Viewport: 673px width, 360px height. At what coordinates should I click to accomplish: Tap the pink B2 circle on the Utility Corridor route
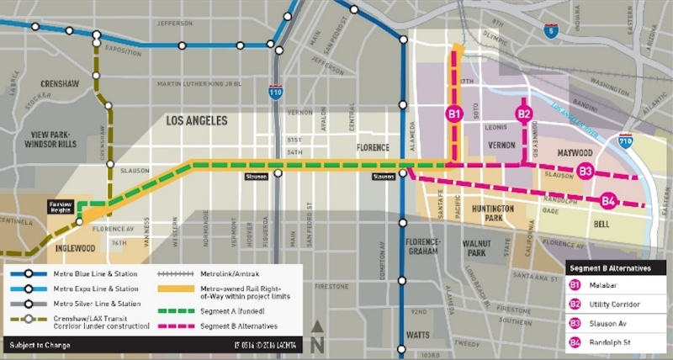524,114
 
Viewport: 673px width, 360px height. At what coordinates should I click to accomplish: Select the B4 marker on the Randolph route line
608,200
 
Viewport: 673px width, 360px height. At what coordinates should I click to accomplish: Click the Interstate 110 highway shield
276,92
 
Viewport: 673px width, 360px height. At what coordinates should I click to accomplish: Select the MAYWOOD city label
575,153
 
